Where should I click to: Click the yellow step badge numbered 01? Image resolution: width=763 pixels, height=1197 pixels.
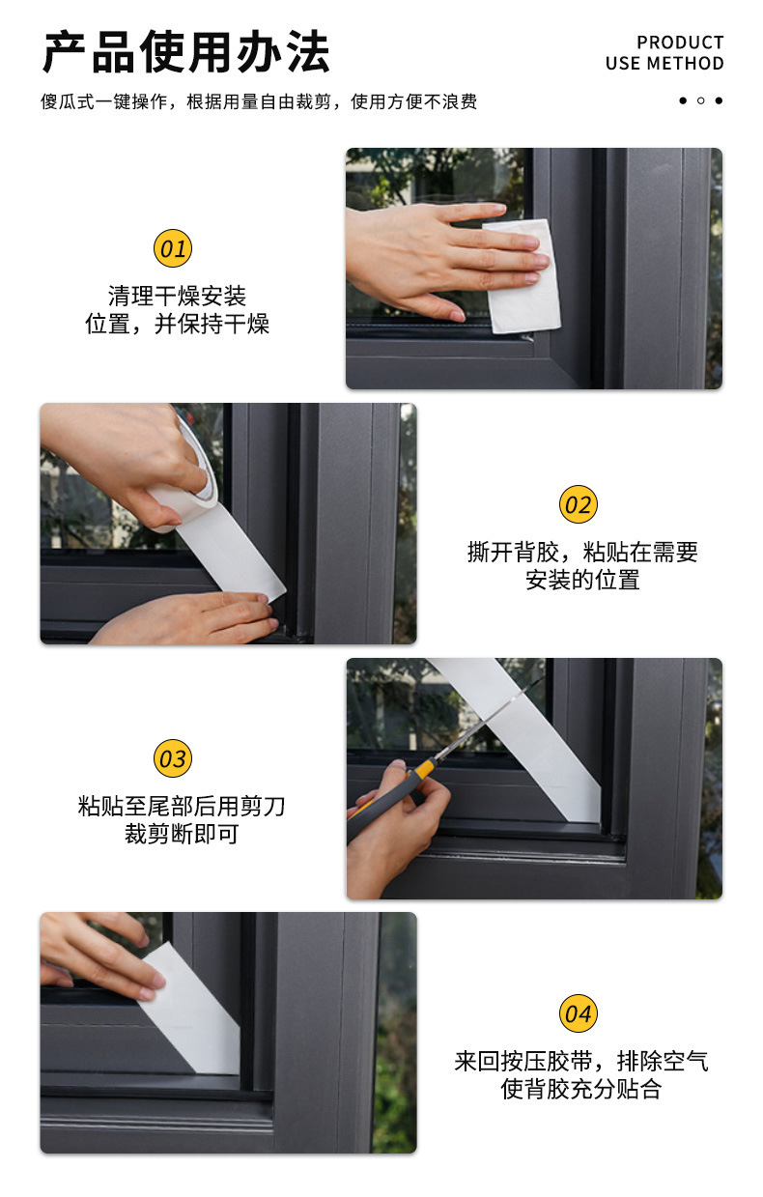(x=173, y=248)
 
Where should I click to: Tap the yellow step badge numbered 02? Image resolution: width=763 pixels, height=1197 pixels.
(x=579, y=504)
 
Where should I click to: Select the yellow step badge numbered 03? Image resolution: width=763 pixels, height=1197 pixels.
(x=173, y=758)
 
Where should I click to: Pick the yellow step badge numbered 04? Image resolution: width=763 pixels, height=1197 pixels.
(x=579, y=1013)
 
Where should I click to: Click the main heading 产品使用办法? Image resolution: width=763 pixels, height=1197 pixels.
(x=186, y=52)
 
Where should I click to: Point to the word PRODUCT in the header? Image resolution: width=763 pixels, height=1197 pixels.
(x=680, y=43)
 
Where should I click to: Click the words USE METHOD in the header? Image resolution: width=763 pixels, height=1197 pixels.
(x=664, y=64)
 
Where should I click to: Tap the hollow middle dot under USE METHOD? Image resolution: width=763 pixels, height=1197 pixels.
(x=700, y=100)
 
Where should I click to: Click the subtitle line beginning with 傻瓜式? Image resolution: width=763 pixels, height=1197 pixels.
(x=259, y=101)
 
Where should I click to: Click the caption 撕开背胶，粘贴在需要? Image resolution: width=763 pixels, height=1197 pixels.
(x=582, y=552)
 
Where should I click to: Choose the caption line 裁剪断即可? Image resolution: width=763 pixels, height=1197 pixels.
(x=182, y=834)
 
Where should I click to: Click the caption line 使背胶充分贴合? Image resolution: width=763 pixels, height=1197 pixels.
(x=580, y=1089)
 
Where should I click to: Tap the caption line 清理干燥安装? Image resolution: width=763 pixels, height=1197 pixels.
(x=177, y=296)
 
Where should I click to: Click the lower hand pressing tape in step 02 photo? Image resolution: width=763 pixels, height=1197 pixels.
(x=187, y=619)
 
